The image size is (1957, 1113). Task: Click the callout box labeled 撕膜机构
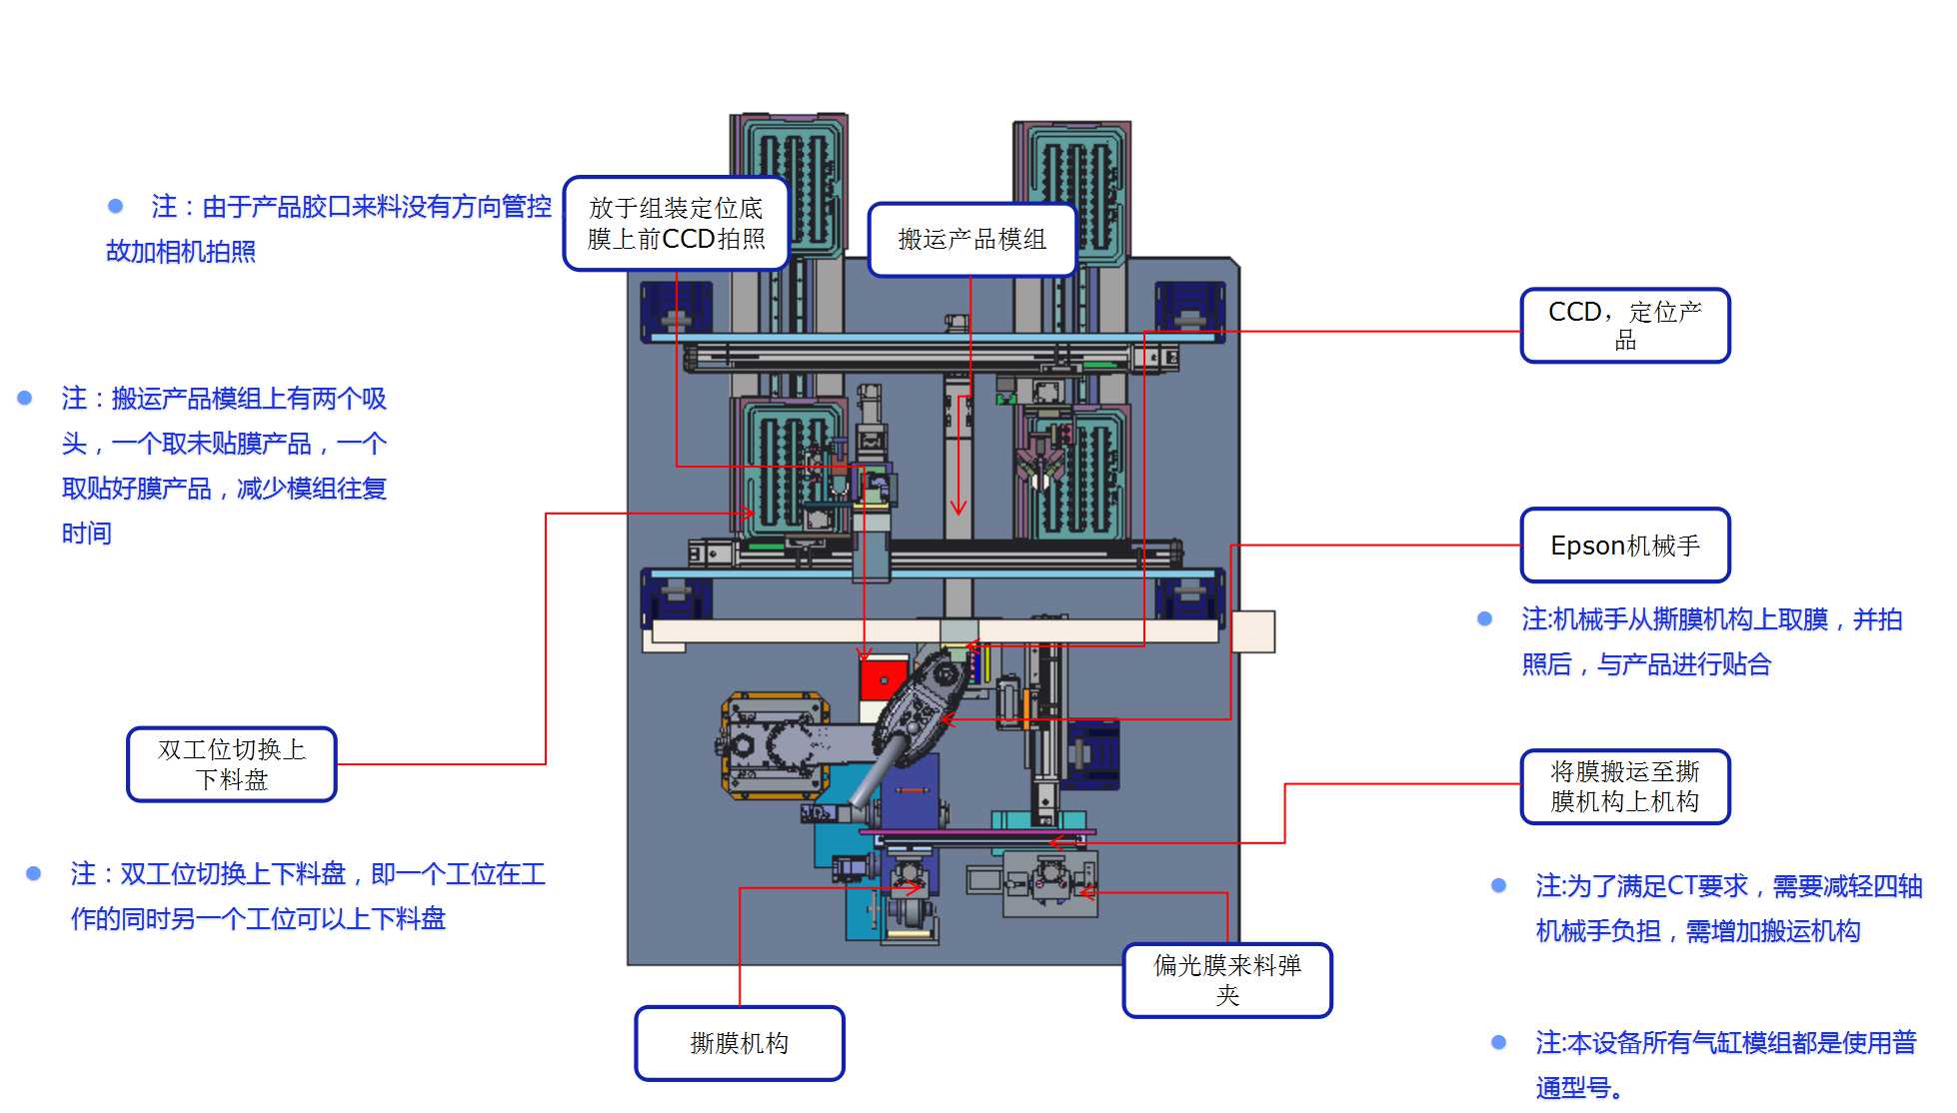(x=739, y=1043)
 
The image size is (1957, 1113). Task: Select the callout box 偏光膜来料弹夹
(x=1227, y=980)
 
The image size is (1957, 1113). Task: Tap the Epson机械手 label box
(x=1625, y=546)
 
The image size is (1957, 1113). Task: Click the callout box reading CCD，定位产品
(x=1625, y=326)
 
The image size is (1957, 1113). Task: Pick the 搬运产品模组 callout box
(x=972, y=240)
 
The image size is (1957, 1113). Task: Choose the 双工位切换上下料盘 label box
(x=232, y=764)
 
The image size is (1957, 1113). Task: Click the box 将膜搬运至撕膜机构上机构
(x=1625, y=786)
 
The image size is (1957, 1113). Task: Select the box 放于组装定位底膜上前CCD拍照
(x=677, y=224)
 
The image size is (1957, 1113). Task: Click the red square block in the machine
(x=883, y=681)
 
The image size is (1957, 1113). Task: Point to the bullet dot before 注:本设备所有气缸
(x=1498, y=1042)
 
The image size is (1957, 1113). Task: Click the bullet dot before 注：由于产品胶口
(x=116, y=206)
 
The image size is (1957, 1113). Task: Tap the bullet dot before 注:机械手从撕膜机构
(x=1485, y=619)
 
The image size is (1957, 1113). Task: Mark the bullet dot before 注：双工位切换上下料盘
(x=34, y=873)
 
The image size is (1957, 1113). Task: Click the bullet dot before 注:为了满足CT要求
(x=1498, y=885)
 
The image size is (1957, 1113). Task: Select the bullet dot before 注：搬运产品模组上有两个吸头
(x=25, y=398)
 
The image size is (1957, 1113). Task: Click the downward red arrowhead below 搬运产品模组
(x=959, y=508)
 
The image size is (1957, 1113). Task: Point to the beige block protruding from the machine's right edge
(x=1253, y=631)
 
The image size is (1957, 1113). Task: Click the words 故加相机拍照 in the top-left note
(x=181, y=251)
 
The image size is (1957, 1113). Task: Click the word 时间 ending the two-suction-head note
(x=87, y=534)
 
